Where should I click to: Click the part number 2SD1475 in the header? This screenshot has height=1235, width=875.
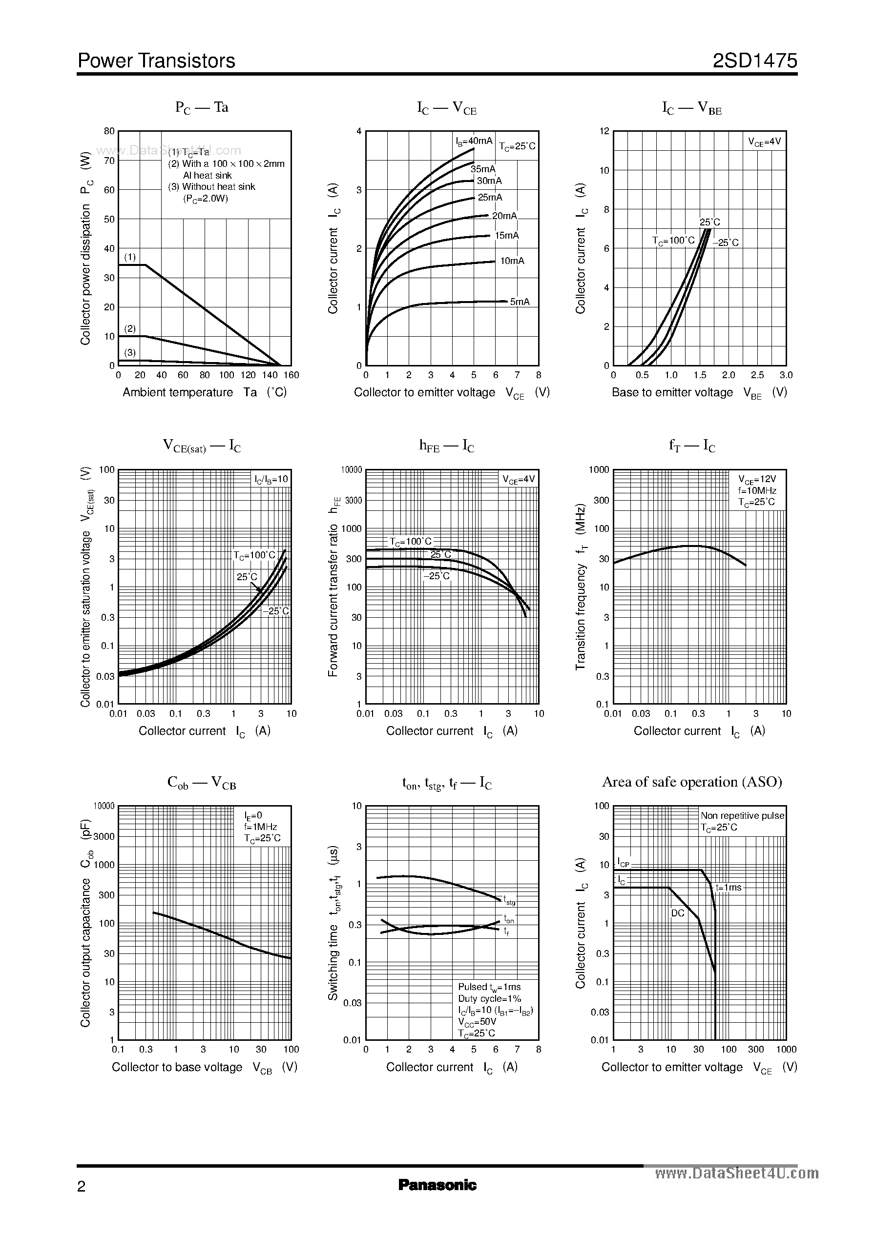pyautogui.click(x=754, y=61)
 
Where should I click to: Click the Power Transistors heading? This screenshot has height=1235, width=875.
pyautogui.click(x=156, y=61)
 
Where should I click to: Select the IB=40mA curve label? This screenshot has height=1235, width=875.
pyautogui.click(x=474, y=141)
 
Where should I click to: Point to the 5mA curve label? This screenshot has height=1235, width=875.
pyautogui.click(x=520, y=302)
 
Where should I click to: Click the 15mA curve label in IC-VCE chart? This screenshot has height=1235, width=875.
pyautogui.click(x=506, y=235)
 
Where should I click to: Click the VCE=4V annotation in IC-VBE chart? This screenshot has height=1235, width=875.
pyautogui.click(x=764, y=142)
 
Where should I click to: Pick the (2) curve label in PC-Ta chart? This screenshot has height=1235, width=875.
pyautogui.click(x=130, y=328)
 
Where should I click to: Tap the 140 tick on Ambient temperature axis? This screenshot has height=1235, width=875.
pyautogui.click(x=270, y=375)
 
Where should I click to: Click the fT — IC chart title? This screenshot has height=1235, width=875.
pyautogui.click(x=692, y=446)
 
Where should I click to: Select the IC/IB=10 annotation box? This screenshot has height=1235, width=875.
pyautogui.click(x=271, y=479)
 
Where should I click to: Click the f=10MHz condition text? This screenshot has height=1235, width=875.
pyautogui.click(x=757, y=490)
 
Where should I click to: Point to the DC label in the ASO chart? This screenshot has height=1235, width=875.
pyautogui.click(x=677, y=913)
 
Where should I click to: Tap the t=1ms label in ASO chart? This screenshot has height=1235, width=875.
pyautogui.click(x=728, y=887)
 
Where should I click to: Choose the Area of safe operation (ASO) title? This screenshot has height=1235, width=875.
pyautogui.click(x=692, y=782)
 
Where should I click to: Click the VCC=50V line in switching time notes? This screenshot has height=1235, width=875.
pyautogui.click(x=477, y=1021)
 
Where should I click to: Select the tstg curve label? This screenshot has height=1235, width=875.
pyautogui.click(x=509, y=900)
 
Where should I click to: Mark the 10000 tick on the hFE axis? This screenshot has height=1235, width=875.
pyautogui.click(x=351, y=470)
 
